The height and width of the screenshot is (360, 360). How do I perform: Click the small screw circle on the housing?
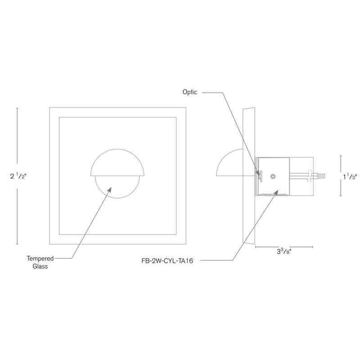click(272, 176)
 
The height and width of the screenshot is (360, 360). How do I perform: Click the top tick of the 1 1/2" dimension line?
click(341, 156)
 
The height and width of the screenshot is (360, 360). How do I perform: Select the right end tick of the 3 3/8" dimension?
click(312, 247)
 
